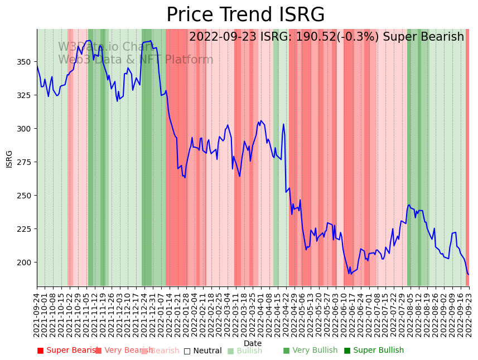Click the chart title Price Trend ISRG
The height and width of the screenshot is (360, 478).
245,15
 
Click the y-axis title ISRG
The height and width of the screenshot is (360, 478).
9,158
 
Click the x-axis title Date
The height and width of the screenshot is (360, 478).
253,343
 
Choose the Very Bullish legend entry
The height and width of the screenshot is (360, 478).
310,351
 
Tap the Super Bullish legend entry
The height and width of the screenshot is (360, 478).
374,351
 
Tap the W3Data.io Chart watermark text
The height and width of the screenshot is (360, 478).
106,47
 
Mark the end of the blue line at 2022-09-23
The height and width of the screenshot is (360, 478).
469,274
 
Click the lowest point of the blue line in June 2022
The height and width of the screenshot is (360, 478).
350,274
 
